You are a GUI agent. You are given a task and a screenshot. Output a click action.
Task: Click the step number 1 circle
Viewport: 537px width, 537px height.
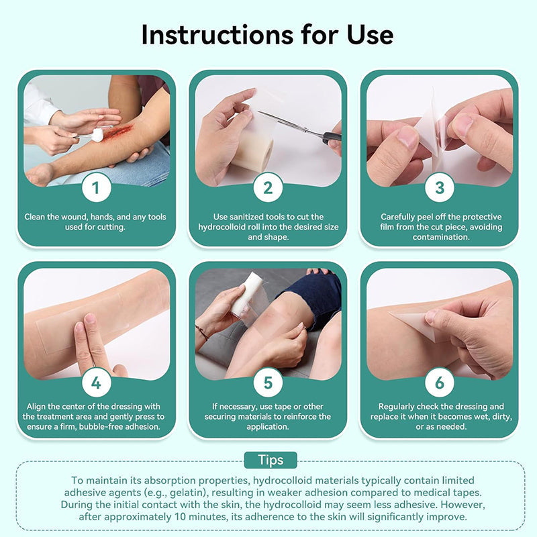97,188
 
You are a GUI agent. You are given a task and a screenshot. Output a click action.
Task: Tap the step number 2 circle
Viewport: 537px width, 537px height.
268,188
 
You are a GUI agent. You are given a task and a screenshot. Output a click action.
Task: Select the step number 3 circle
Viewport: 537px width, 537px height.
440,188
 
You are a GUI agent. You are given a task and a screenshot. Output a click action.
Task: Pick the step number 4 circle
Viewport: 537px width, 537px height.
97,383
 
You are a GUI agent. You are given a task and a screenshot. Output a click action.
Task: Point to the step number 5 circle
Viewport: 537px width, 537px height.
268,383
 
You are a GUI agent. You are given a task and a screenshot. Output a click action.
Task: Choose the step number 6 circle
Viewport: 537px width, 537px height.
440,383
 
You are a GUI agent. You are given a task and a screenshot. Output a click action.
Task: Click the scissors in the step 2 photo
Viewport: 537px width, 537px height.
302,128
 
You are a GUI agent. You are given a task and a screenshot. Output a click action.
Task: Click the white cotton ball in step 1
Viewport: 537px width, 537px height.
97,136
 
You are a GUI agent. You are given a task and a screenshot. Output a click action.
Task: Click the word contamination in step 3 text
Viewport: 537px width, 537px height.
440,237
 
